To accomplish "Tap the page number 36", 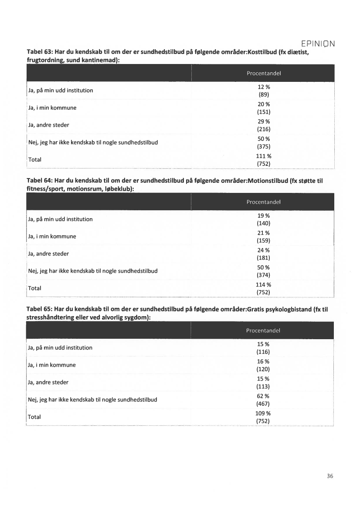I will point(330,476).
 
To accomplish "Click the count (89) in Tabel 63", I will point(264,94).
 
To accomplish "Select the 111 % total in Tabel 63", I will point(264,156).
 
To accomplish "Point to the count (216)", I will point(264,129).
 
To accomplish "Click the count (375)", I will point(264,147).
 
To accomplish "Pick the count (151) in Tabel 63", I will point(264,111).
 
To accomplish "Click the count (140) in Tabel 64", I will point(263,223).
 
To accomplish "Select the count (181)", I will point(263,257).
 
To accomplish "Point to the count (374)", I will point(263,275).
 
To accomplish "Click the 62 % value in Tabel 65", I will point(263,396).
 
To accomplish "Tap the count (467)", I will point(263,404).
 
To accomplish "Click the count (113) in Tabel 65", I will point(263,386).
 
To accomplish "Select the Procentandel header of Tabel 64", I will point(263,202).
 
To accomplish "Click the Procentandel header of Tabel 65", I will point(263,330).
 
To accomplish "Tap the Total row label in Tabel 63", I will point(35,159).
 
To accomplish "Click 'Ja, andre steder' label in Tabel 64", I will point(48,253).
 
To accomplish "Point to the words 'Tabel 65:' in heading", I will point(40,310).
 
